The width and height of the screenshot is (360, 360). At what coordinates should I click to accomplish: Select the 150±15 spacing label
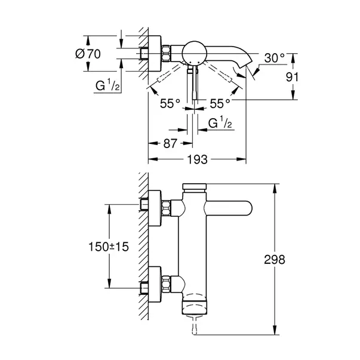(109, 246)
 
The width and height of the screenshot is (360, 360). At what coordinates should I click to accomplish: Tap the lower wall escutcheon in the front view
(153, 281)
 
